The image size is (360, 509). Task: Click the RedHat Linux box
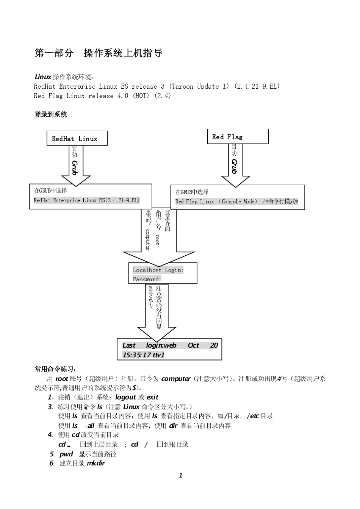77,139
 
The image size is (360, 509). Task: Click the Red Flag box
238,137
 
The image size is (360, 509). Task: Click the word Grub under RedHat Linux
75,167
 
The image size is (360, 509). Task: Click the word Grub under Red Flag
235,166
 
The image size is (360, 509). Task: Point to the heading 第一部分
54,53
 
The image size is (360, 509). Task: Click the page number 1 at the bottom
180,476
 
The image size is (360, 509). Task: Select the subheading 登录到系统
50,114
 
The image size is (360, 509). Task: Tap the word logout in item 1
125,397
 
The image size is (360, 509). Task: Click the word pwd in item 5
66,454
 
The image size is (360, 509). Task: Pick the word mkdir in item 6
96,463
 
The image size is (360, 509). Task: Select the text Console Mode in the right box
239,201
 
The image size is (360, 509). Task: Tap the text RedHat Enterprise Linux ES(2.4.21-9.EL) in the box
86,200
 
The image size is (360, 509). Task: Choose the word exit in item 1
152,397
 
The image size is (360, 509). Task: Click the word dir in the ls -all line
173,425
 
